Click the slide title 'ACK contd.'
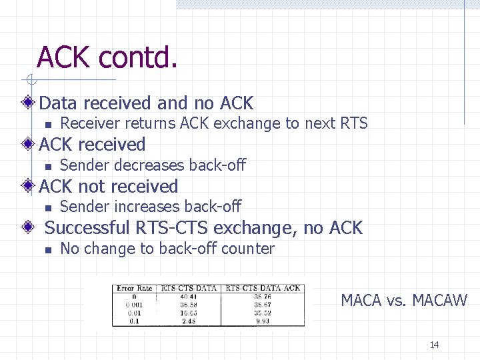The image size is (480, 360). (107, 57)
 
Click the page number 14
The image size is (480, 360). (435, 345)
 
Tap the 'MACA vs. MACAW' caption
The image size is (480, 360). (404, 301)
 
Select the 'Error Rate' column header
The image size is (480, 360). (135, 288)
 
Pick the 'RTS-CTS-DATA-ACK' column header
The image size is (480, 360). (263, 288)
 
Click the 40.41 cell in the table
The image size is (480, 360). (189, 296)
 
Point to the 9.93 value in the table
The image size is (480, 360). (262, 321)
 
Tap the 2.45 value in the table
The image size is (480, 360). (189, 321)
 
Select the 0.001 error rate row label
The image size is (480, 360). (135, 304)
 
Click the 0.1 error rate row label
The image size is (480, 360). (135, 321)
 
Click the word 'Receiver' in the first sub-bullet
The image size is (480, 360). (85, 123)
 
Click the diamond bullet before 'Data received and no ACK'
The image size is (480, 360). (27, 103)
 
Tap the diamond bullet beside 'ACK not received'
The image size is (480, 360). (27, 186)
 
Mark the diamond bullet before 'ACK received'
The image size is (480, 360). (27, 144)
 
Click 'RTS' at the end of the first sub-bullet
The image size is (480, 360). (354, 123)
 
